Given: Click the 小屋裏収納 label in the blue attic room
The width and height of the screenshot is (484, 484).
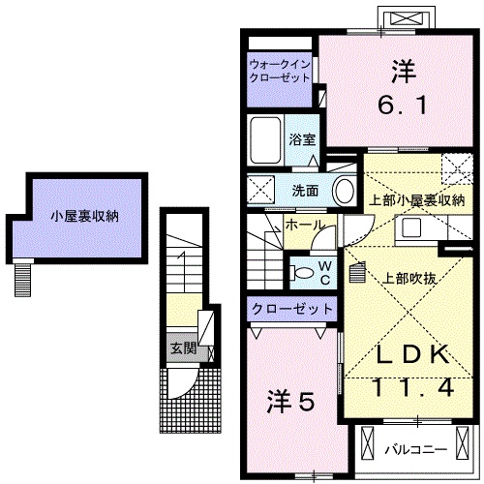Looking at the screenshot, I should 78,217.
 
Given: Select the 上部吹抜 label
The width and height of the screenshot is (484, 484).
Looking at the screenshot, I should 408,278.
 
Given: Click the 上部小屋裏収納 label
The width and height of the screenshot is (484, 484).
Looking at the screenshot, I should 417,201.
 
